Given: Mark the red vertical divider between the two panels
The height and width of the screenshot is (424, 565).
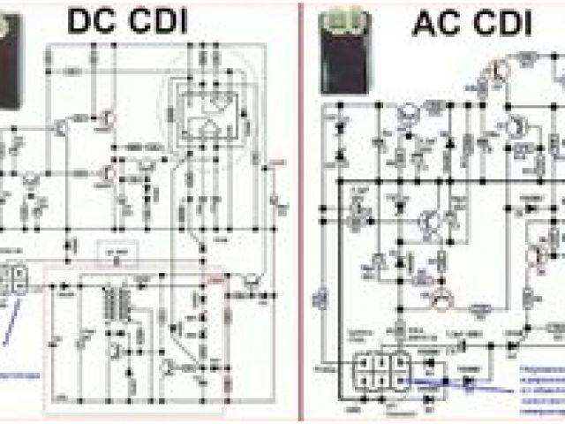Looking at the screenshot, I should (299, 212).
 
